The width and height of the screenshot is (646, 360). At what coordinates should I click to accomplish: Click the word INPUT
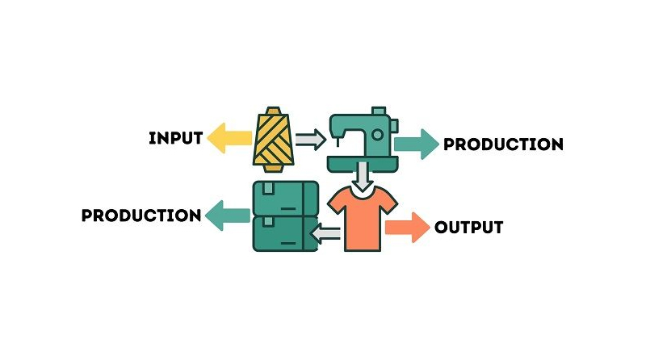tap(175, 138)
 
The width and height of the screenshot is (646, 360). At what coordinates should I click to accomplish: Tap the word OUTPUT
tap(469, 227)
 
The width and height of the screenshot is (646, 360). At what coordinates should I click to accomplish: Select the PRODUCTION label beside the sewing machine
tap(503, 144)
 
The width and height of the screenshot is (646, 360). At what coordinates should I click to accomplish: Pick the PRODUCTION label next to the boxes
tap(141, 216)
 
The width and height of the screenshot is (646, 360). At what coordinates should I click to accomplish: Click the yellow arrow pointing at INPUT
tap(229, 138)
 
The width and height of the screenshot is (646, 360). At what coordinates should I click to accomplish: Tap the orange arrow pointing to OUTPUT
tap(408, 228)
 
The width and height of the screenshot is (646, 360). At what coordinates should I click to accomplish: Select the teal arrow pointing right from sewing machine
tap(417, 144)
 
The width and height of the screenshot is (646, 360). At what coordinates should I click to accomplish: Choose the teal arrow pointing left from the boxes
tap(228, 216)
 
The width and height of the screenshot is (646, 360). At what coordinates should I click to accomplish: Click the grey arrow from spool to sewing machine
tap(311, 140)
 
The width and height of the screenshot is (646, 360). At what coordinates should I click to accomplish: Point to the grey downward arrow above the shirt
tap(363, 176)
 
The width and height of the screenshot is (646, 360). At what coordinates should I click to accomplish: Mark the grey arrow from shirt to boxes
tap(325, 234)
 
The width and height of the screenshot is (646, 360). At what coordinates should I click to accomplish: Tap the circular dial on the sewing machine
tap(377, 134)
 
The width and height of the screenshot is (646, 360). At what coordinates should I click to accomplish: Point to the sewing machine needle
tap(338, 142)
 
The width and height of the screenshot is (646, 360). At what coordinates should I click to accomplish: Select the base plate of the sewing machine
tap(363, 163)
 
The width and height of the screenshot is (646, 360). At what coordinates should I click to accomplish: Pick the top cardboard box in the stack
tap(286, 198)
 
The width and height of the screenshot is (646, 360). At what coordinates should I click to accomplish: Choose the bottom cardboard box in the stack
tap(286, 233)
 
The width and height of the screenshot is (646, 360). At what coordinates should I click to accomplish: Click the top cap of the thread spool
tap(273, 111)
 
